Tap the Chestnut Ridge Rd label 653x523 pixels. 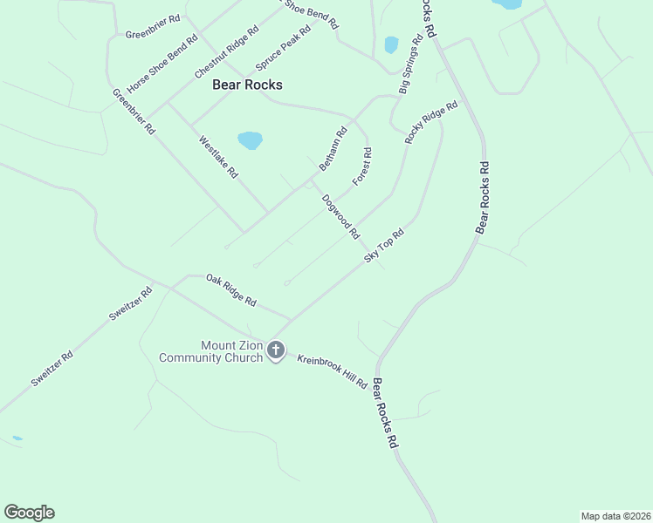(x=227, y=51)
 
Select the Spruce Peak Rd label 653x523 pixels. (x=283, y=49)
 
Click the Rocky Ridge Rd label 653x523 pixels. (x=431, y=123)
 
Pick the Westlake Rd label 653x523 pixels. (x=218, y=157)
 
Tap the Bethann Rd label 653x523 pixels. (x=333, y=148)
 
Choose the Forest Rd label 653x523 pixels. (x=362, y=166)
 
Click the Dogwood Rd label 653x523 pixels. (x=340, y=216)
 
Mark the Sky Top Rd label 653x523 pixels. (x=384, y=246)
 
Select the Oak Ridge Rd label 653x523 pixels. (x=230, y=290)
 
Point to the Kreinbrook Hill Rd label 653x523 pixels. (x=332, y=371)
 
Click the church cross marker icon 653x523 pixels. (x=276, y=351)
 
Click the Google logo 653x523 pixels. (x=29, y=513)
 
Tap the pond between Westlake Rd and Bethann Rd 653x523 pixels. (x=250, y=140)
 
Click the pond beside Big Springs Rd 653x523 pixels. (x=391, y=44)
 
